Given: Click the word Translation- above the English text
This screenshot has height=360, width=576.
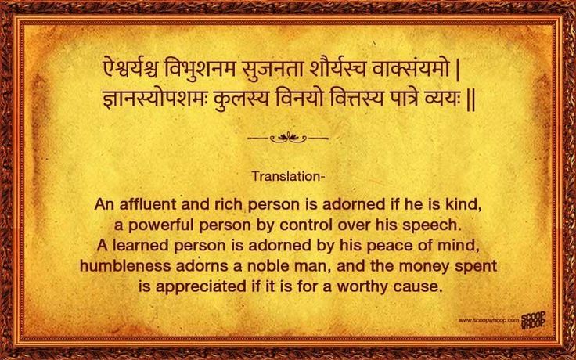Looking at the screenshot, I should [x=288, y=175].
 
